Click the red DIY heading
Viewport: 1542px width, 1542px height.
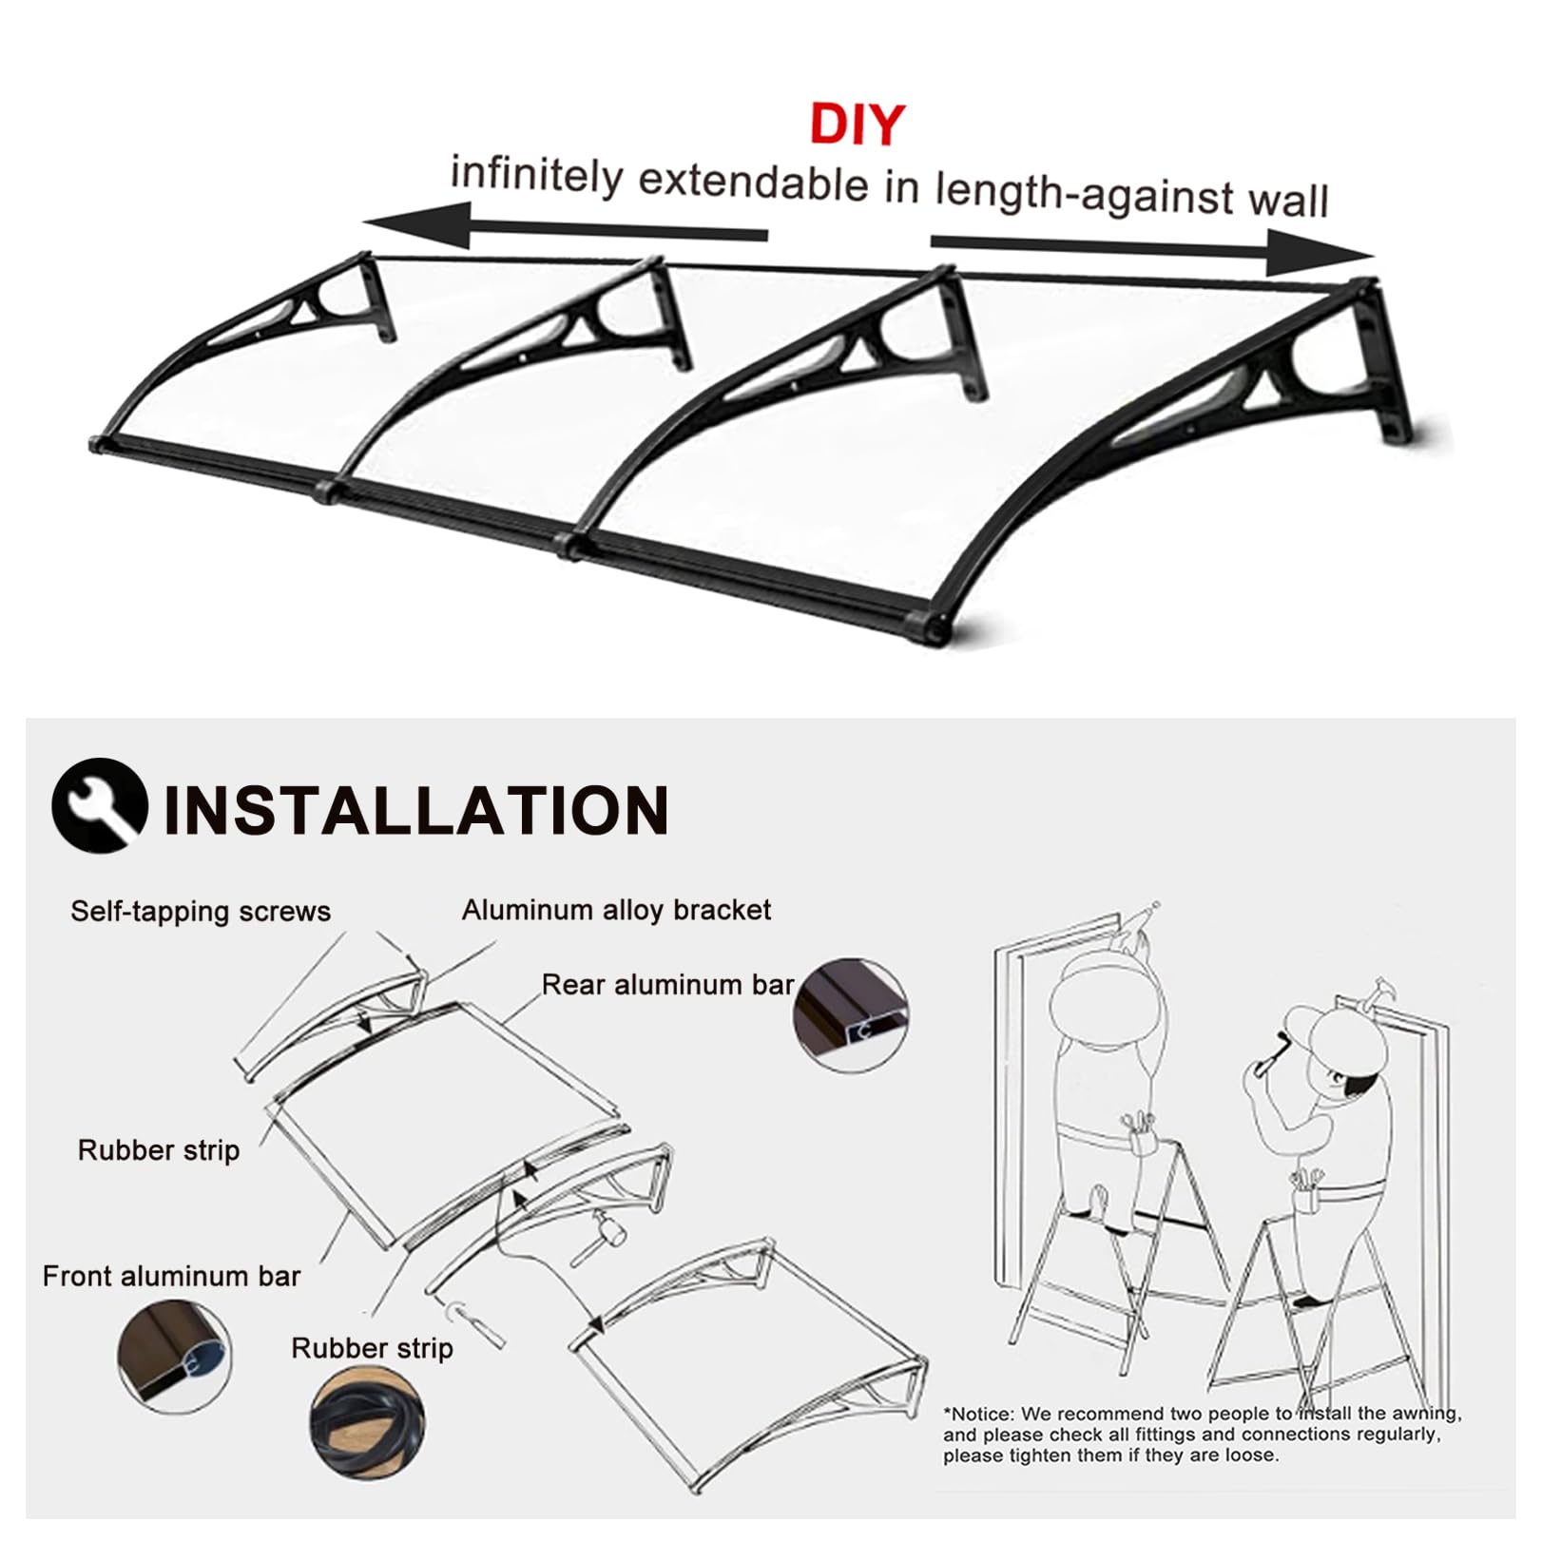click(x=858, y=125)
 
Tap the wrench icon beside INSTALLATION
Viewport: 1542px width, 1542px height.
click(x=100, y=805)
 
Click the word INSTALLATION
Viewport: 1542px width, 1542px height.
click(x=416, y=811)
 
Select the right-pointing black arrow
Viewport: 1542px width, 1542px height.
click(x=1152, y=249)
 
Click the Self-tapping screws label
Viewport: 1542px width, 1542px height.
click(x=201, y=911)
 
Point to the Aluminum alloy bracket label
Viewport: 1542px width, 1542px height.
click(x=616, y=910)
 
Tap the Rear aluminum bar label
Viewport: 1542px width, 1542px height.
click(x=667, y=984)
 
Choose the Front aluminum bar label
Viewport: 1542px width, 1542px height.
click(x=171, y=1276)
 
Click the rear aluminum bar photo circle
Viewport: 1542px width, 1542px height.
click(x=851, y=1015)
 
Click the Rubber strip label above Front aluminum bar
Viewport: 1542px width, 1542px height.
click(x=159, y=1150)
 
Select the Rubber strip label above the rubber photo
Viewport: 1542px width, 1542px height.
click(x=372, y=1348)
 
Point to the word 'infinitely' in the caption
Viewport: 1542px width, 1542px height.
click(x=537, y=175)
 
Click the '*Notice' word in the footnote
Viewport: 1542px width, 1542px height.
click(x=979, y=1414)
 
